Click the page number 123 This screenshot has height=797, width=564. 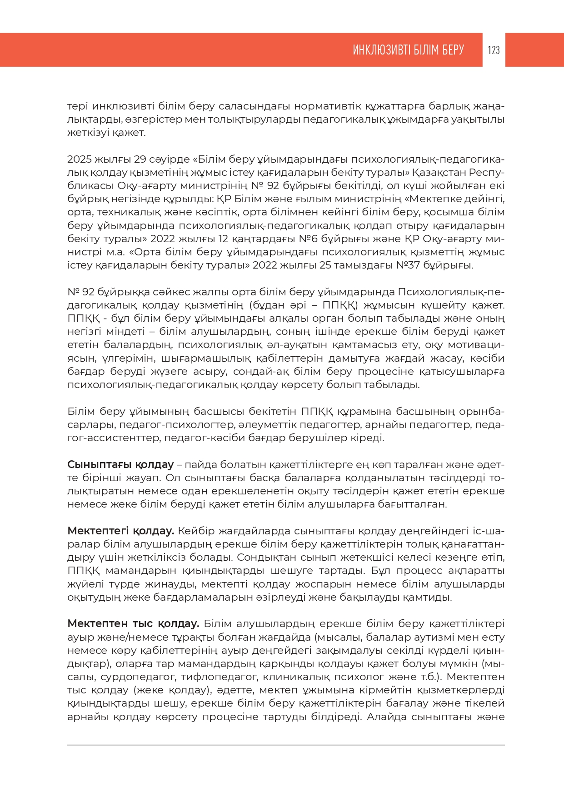pyautogui.click(x=494, y=50)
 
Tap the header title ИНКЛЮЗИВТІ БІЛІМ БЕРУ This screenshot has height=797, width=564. pyautogui.click(x=408, y=50)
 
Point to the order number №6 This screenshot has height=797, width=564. pyautogui.click(x=307, y=239)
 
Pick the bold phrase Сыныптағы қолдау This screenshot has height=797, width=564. pyautogui.click(x=120, y=465)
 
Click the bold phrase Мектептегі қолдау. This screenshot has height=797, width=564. pyautogui.click(x=120, y=531)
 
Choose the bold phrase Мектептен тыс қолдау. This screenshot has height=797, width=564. pyautogui.click(x=133, y=624)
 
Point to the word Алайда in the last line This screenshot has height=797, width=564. pyautogui.click(x=386, y=717)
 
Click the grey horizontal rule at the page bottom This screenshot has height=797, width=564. pyautogui.click(x=286, y=745)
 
